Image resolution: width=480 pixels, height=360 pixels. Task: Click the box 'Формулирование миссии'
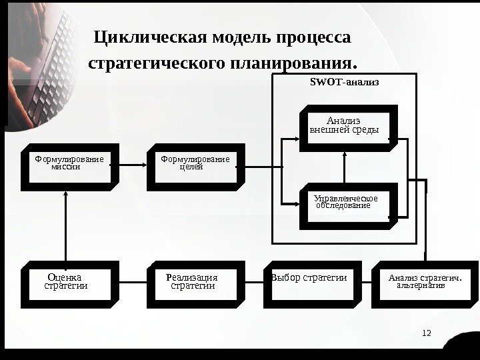point(69,165)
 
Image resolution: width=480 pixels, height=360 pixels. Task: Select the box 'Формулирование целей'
point(195,165)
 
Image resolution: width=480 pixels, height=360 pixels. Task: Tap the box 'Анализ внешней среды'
point(345,126)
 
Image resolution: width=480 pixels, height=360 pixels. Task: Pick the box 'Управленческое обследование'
point(345,202)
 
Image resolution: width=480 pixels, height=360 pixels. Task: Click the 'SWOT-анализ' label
point(344,83)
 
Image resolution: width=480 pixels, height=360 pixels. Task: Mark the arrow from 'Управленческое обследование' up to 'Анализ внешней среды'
point(345,167)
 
